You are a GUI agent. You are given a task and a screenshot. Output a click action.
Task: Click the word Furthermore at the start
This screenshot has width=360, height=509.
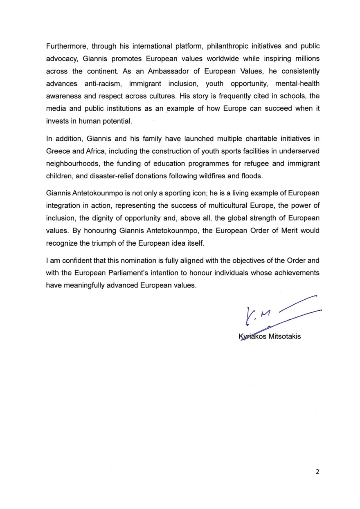pos(65,46)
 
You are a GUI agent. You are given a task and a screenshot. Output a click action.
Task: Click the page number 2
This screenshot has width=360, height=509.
pos(317,472)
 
